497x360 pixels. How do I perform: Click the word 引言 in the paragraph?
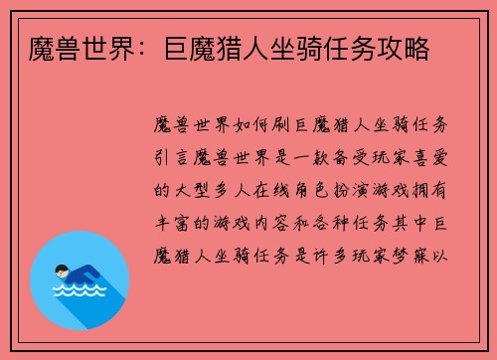tap(176, 156)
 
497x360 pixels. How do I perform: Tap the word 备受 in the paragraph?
tap(371, 156)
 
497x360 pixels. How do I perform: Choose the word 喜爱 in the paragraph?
tap(439, 156)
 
